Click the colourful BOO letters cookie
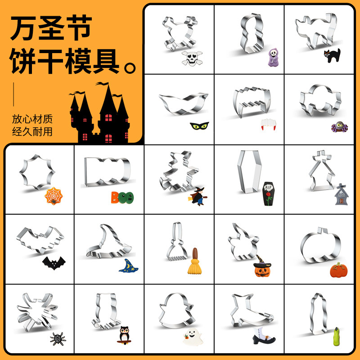(x=122, y=197)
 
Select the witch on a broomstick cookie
(x=198, y=196)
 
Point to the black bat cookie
(x=54, y=263)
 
